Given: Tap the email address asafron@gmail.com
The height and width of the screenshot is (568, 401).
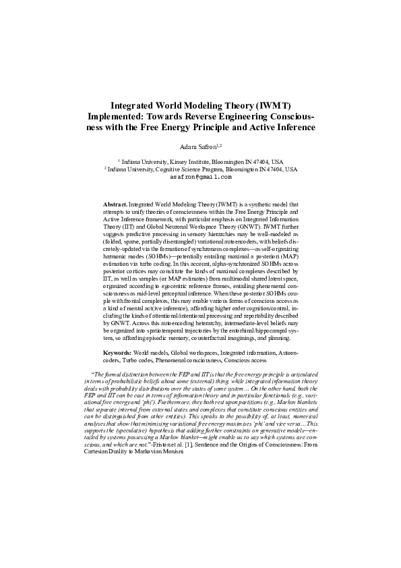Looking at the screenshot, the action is coord(200,178).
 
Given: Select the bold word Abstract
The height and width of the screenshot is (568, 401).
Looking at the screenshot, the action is coord(115,203).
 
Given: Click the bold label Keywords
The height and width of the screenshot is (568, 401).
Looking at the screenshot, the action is coord(117,353).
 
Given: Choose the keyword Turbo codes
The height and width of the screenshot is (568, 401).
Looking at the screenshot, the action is coord(119,361).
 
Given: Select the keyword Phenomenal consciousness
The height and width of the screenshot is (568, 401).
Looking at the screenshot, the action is coord(175,361).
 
